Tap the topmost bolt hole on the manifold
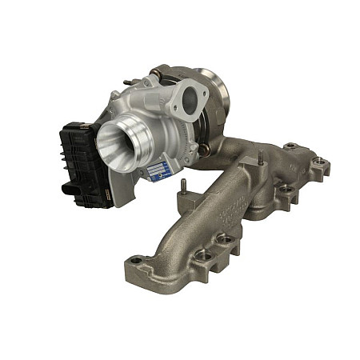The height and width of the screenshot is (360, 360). [x=292, y=147]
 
